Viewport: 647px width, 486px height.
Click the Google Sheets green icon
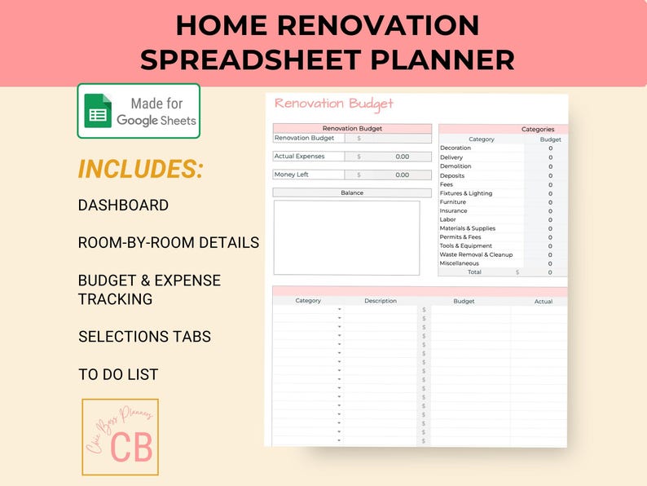(x=99, y=111)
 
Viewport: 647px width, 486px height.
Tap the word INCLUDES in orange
(x=140, y=170)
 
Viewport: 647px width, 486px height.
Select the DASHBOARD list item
(x=123, y=205)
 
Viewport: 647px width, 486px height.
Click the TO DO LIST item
(x=118, y=375)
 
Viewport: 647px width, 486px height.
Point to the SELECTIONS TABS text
(x=143, y=337)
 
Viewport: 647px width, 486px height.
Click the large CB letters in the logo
(x=131, y=446)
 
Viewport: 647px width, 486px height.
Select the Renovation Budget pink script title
(x=334, y=104)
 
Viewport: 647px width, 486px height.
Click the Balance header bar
(x=352, y=193)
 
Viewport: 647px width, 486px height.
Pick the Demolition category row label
(x=456, y=166)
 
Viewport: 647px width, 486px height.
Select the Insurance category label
(x=454, y=210)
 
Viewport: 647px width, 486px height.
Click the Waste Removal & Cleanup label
(x=477, y=254)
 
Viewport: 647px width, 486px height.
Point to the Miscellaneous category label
(x=460, y=263)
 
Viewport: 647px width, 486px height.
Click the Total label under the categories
(x=474, y=272)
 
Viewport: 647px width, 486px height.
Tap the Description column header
(x=381, y=301)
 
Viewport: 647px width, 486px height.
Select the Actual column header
(x=544, y=302)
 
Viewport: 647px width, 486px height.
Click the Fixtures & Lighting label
(x=466, y=193)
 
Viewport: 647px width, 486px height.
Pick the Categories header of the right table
(x=538, y=129)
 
